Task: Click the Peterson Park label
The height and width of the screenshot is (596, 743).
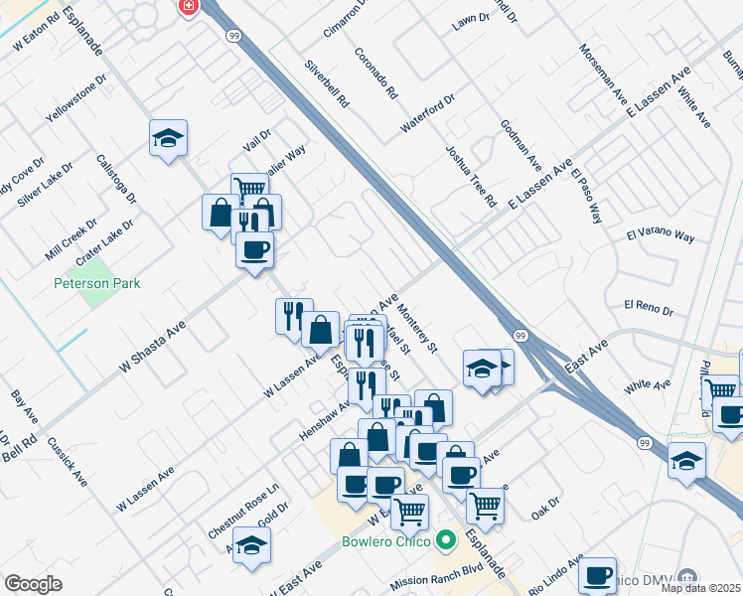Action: coord(96,283)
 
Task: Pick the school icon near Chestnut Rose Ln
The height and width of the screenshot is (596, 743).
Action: coord(252,545)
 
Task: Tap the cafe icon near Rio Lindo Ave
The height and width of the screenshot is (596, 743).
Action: coord(597,575)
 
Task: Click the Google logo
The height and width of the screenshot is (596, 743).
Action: coord(33,584)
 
